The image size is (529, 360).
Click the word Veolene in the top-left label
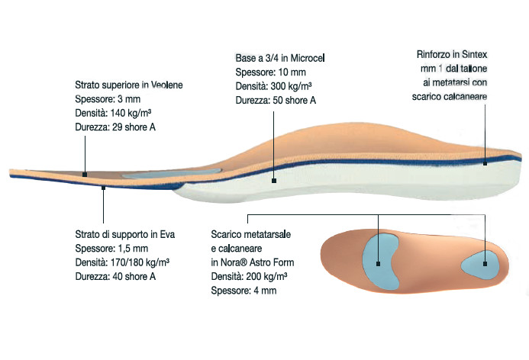coord(166,85)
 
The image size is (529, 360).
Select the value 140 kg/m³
coord(131,113)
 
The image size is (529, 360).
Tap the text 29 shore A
coord(134,127)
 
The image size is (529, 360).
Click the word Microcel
coord(308,58)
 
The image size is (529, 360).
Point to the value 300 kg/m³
coord(291,86)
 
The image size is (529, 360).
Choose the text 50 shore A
coord(294,100)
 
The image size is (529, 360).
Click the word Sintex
coord(474,54)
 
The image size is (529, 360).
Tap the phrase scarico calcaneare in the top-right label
coord(450,97)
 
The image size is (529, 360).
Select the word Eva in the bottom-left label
coord(167,234)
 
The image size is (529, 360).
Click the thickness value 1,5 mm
coord(133,249)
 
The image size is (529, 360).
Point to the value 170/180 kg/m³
coord(140,262)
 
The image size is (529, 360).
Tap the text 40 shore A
coord(134,276)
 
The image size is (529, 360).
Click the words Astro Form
coord(272,262)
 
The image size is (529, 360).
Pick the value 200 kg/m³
coord(266,277)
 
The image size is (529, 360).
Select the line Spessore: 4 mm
coord(244,291)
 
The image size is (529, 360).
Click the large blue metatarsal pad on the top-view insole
coord(380,261)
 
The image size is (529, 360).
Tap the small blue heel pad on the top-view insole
coord(479,265)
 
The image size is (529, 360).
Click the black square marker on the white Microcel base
coord(274,181)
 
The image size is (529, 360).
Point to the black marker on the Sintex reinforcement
coord(485,163)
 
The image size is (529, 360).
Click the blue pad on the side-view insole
coord(172,174)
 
